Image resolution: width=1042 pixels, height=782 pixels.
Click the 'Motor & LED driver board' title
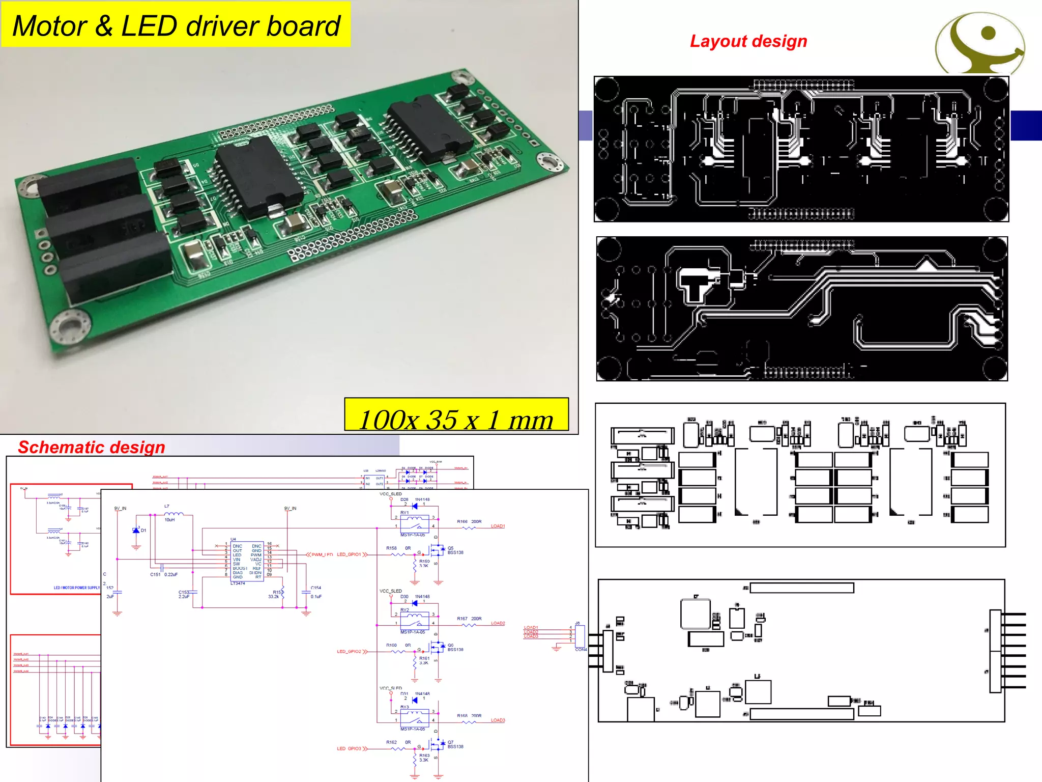[176, 25]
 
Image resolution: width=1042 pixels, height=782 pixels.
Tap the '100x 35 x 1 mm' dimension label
[456, 420]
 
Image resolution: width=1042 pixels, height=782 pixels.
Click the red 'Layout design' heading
[748, 41]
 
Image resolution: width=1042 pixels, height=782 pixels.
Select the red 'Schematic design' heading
[92, 447]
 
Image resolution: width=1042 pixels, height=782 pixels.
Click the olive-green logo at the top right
[980, 43]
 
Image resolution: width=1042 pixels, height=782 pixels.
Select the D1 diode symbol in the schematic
[136, 530]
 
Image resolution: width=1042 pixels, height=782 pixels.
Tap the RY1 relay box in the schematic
[414, 524]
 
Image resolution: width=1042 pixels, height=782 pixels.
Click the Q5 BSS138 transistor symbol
[437, 551]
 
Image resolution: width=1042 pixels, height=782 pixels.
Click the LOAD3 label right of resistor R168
[498, 720]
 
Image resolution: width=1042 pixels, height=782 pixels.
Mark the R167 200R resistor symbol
[469, 625]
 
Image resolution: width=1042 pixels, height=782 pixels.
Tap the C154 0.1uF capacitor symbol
[306, 592]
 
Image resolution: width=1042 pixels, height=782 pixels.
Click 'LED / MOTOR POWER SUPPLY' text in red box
[77, 588]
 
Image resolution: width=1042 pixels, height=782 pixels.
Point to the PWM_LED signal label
[322, 554]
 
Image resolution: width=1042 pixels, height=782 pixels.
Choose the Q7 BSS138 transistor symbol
[437, 745]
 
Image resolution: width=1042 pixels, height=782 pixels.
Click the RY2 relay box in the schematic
[414, 621]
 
